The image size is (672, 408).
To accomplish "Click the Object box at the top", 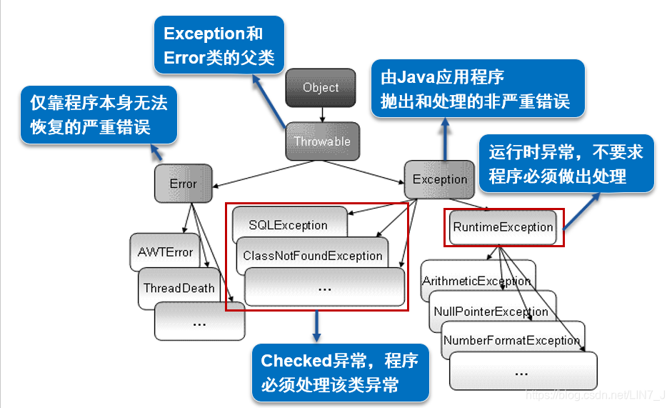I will tap(321, 88).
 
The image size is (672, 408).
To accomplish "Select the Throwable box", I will tap(322, 141).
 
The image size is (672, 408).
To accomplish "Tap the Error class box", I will tap(183, 184).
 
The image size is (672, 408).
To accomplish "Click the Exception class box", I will tap(439, 179).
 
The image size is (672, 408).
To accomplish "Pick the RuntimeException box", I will tap(503, 227).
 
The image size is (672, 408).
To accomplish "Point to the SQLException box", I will tap(288, 225).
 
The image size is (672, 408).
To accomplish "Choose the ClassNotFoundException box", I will tap(312, 256).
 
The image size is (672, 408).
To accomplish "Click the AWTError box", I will tap(165, 252).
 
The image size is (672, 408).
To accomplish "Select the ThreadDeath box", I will tap(179, 288).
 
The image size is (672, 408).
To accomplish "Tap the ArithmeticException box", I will tap(476, 280).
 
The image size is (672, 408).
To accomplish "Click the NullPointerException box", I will tap(491, 312).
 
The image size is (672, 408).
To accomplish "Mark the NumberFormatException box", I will tap(511, 340).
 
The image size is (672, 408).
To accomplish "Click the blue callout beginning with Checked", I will tap(339, 372).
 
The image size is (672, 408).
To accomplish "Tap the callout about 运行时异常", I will tap(566, 163).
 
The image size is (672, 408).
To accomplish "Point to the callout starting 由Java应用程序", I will tap(477, 88).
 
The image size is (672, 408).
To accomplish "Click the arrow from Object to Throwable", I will tap(322, 114).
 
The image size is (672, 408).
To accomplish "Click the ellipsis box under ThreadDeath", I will tap(199, 322).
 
